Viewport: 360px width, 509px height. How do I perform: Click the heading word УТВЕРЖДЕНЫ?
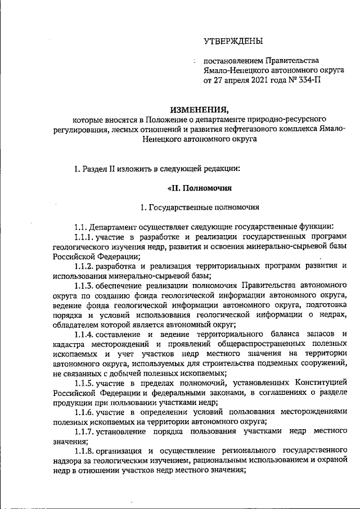tap(233, 40)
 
